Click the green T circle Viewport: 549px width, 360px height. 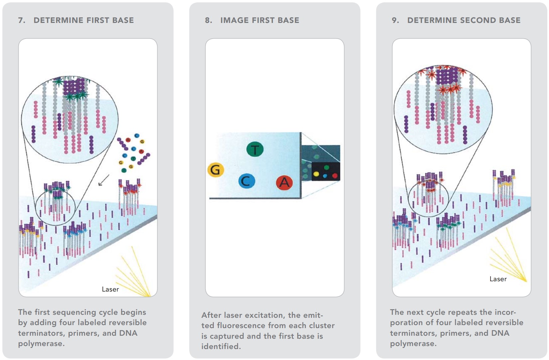pos(255,150)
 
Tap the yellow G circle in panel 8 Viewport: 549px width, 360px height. pos(215,170)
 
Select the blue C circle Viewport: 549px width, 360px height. pos(246,181)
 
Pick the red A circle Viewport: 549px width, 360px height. pos(284,182)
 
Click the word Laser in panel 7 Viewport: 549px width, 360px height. pos(110,290)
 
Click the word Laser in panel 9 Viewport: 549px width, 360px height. pos(498,279)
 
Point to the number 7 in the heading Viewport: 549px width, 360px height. pos(21,20)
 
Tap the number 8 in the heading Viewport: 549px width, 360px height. pos(208,20)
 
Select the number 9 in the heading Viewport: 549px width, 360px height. pos(395,20)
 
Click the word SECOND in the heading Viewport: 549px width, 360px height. pos(475,20)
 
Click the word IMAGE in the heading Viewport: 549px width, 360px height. pos(235,20)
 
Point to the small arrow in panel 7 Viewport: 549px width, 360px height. pos(103,180)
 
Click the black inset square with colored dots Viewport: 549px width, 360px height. pos(326,172)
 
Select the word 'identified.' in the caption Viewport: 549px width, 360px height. pos(221,346)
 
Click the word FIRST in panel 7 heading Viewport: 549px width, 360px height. pos(97,20)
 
